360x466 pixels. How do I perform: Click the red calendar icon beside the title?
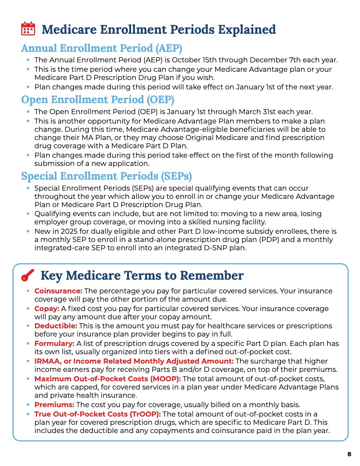pos(28,29)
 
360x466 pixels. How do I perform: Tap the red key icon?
pos(28,276)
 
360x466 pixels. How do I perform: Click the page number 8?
pos(349,454)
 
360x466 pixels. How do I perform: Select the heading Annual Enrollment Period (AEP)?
pos(102,48)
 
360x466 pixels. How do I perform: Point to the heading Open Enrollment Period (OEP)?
pos(98,100)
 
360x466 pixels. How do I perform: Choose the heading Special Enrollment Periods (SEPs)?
pos(106,176)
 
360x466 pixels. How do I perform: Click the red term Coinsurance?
pos(58,291)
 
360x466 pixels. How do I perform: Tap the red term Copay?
pos(47,309)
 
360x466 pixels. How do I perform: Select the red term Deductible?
pos(56,326)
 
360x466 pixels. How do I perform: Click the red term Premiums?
pos(54,404)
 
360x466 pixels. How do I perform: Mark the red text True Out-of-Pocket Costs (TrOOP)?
pos(98,414)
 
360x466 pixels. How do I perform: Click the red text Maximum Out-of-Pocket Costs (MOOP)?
pos(107,379)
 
